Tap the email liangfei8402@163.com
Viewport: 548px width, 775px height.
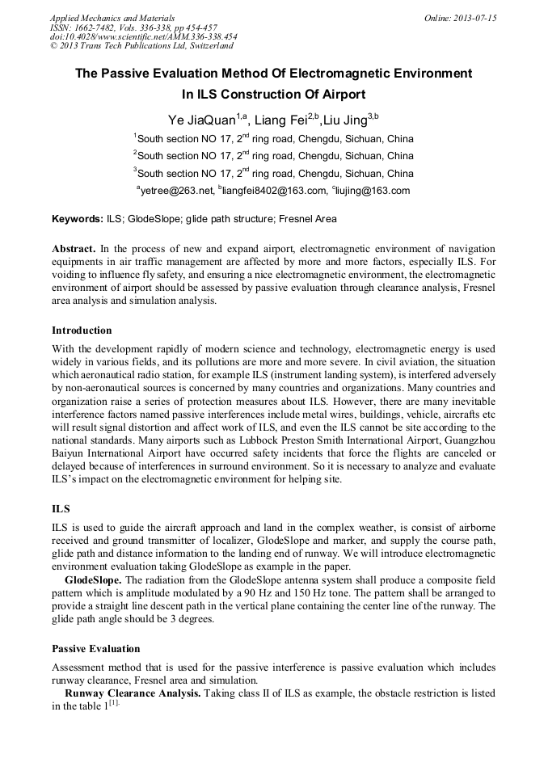pyautogui.click(x=271, y=192)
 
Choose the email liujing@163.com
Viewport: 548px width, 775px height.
pyautogui.click(x=373, y=192)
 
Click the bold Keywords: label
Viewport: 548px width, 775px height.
pyautogui.click(x=78, y=219)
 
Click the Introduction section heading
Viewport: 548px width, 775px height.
pyautogui.click(x=82, y=331)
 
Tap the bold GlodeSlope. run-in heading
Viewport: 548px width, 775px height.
pyautogui.click(x=94, y=581)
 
